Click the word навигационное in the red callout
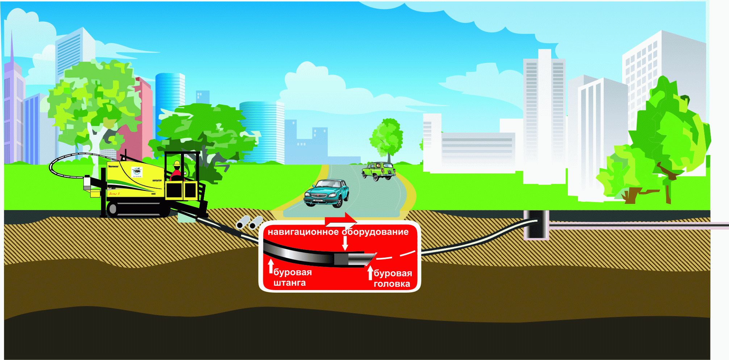click(x=303, y=232)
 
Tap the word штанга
click(x=289, y=283)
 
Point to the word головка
click(x=392, y=284)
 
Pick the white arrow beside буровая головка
click(x=370, y=272)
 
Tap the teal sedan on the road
click(x=327, y=193)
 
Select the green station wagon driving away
click(x=378, y=171)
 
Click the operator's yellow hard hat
click(x=177, y=164)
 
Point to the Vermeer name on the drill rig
click(x=113, y=167)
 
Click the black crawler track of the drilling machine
click(x=138, y=209)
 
